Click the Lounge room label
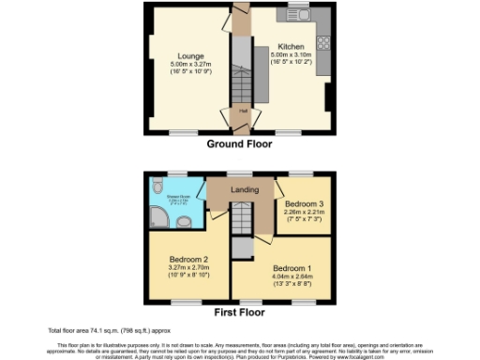[184, 55]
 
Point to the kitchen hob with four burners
[323, 41]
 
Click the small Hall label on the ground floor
[242, 111]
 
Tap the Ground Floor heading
[239, 144]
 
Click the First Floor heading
[239, 311]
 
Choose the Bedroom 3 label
[304, 203]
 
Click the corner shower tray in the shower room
[160, 219]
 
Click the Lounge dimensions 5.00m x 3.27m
[184, 64]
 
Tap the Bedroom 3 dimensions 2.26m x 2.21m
[304, 212]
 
